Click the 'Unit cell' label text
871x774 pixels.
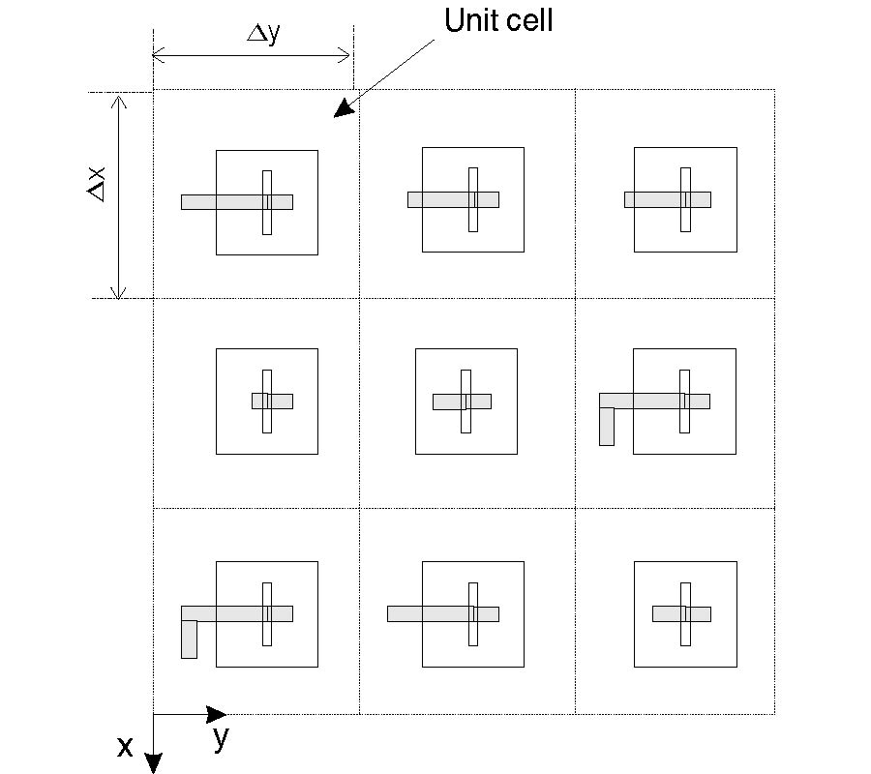498,20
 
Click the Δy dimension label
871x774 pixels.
263,34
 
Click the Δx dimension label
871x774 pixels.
97,183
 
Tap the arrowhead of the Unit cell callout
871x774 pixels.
342,110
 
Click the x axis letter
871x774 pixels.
125,746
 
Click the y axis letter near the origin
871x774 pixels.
222,738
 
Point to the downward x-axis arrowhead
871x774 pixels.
153,763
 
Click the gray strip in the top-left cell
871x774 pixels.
223,202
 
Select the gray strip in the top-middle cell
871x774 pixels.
440,199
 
